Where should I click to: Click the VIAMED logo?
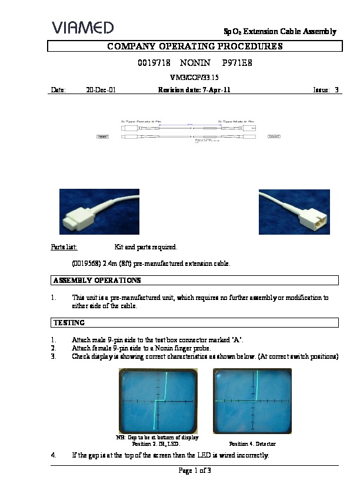[82, 28]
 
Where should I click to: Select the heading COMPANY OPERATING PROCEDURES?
[194, 46]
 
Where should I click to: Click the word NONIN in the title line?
[194, 62]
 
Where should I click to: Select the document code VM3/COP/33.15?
[194, 76]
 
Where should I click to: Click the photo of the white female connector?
[99, 212]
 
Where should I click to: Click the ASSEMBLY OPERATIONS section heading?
[96, 281]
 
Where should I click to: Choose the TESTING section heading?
[69, 322]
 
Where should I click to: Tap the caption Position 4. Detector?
[252, 443]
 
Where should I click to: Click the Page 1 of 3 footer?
[194, 471]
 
